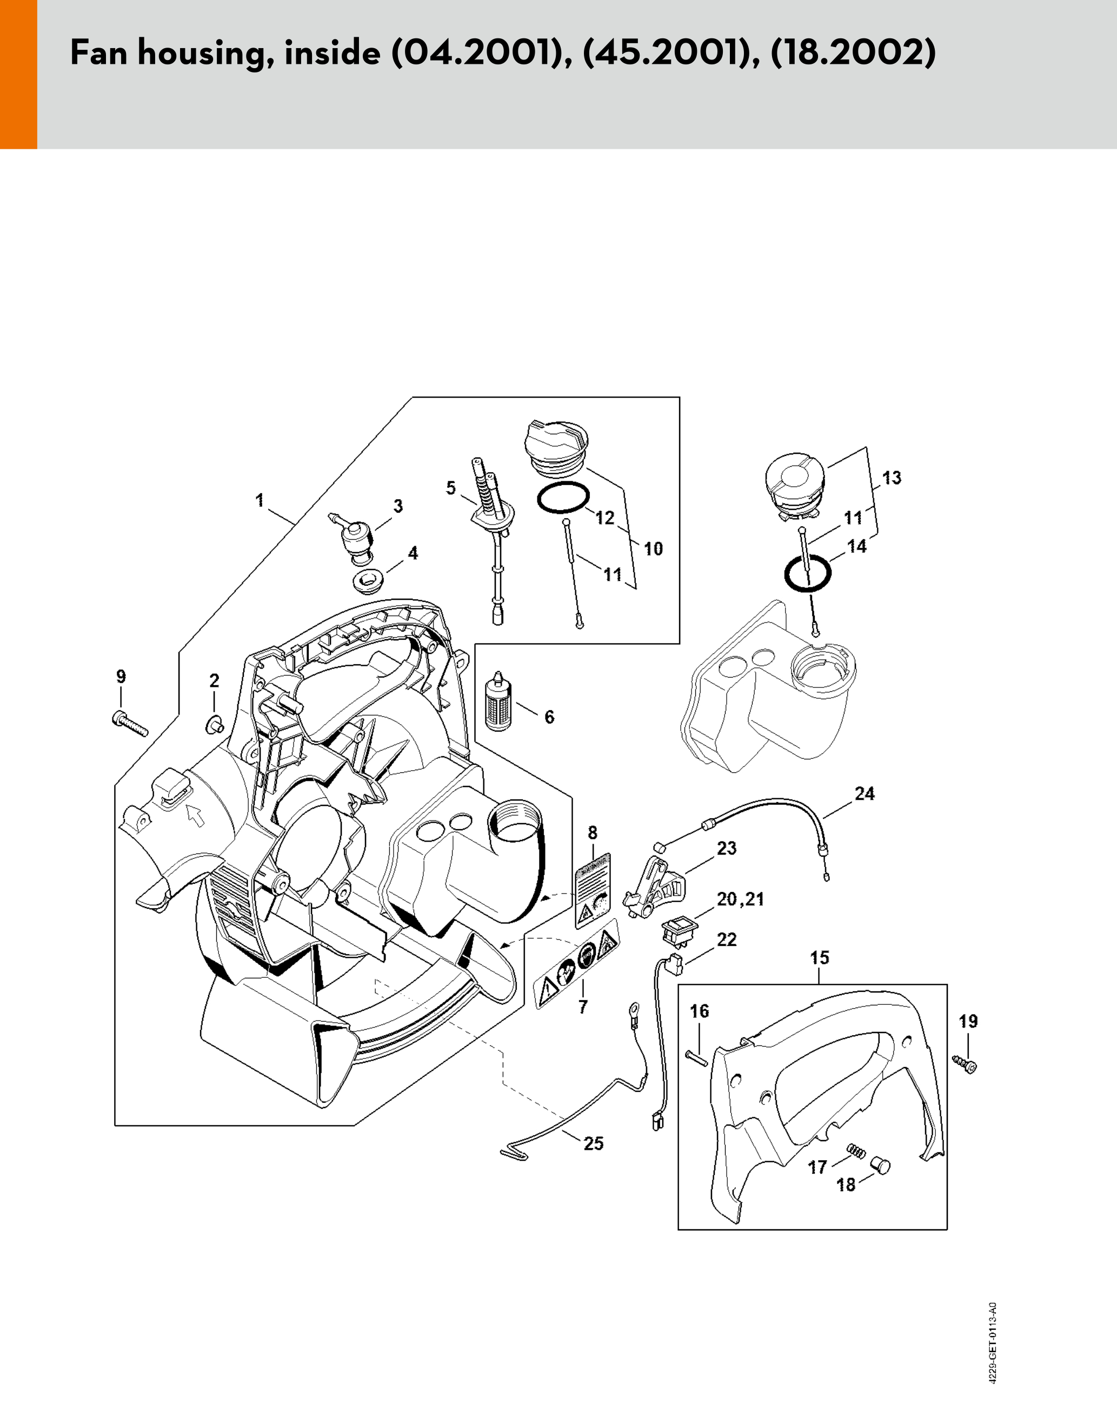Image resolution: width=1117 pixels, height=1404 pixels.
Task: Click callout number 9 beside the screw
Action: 121,677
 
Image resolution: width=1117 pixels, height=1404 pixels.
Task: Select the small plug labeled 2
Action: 215,724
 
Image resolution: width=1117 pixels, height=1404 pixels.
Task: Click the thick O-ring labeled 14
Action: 807,574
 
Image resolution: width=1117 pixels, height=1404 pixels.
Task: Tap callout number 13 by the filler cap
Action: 891,478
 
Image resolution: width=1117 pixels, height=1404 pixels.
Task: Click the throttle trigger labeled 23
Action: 655,888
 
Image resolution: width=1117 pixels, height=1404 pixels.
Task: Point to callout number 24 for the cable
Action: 865,793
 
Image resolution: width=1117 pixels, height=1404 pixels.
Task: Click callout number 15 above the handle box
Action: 820,958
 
